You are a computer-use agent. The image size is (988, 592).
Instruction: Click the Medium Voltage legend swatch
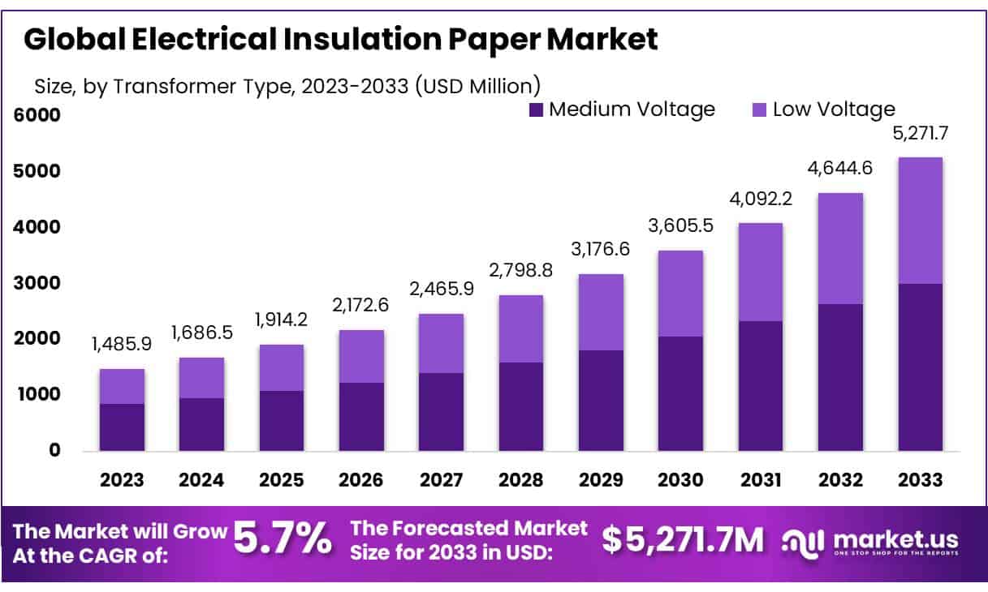pos(536,109)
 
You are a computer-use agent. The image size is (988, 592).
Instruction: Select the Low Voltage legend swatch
pos(760,109)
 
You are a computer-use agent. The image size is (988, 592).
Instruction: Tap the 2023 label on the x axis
pos(122,479)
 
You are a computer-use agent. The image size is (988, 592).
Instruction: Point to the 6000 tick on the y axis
pos(37,115)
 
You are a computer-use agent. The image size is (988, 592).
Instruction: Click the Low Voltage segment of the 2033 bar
pos(920,221)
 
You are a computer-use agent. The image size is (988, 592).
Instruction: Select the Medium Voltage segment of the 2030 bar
pos(680,393)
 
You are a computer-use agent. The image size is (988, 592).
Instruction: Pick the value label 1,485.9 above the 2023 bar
pos(122,344)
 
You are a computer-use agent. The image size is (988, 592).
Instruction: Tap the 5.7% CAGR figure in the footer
pos(283,538)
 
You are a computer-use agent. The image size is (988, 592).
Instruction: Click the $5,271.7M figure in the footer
pos(684,540)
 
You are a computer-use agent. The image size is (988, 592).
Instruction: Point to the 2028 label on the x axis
pos(520,479)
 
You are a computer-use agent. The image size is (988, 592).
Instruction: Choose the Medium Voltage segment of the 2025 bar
pos(282,421)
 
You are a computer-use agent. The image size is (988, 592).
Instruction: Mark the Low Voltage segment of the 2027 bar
pos(442,343)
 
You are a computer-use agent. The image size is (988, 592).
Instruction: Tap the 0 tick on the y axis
pos(54,450)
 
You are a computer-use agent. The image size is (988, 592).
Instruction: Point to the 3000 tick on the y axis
pos(37,283)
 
